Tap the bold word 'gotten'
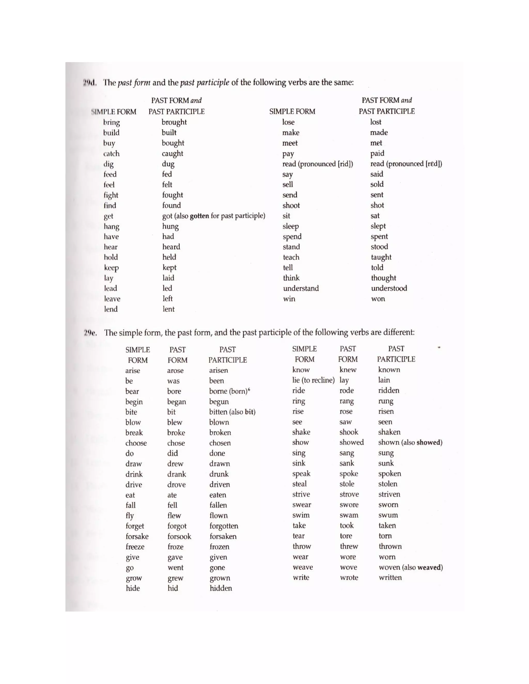coord(199,216)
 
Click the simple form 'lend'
coord(111,309)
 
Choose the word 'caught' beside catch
coord(172,154)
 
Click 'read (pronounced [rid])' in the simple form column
coord(317,164)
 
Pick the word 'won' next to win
coord(378,299)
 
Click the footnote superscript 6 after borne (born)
coord(249,389)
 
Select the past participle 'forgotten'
coord(224,526)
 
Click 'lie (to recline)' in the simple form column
coord(313,380)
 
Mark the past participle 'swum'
coord(388,515)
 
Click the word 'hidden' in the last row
coord(221,588)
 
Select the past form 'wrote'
coord(349,577)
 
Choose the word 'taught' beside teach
coord(381,257)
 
